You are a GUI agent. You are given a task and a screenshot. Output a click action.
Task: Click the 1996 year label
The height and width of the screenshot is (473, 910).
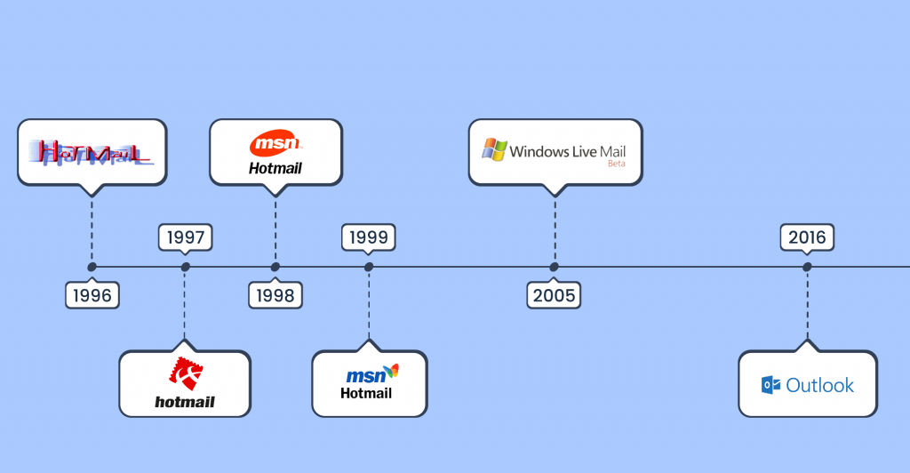pyautogui.click(x=92, y=295)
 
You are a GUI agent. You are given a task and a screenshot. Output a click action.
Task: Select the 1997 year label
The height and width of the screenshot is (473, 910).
pyautogui.click(x=185, y=237)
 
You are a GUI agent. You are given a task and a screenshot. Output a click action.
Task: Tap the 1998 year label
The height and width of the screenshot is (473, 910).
pyautogui.click(x=275, y=295)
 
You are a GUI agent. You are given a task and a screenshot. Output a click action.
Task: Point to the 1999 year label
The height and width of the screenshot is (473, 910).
pyautogui.click(x=369, y=237)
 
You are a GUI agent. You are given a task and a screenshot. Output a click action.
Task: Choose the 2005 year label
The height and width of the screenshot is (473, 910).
pyautogui.click(x=554, y=295)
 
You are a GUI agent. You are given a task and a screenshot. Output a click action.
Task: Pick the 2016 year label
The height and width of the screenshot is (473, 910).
pyautogui.click(x=807, y=237)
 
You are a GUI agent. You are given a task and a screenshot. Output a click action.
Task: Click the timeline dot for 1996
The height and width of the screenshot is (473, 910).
pyautogui.click(x=92, y=267)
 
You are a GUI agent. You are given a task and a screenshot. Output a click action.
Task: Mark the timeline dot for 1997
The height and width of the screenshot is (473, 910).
pyautogui.click(x=185, y=267)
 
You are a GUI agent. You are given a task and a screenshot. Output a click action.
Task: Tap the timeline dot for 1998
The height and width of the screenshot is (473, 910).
pyautogui.click(x=275, y=267)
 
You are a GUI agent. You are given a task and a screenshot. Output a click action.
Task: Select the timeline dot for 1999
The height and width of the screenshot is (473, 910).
pyautogui.click(x=369, y=267)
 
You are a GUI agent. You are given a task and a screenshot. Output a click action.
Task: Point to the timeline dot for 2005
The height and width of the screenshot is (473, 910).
pyautogui.click(x=554, y=267)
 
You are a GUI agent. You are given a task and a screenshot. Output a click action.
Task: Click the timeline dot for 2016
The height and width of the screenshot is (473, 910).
pyautogui.click(x=807, y=267)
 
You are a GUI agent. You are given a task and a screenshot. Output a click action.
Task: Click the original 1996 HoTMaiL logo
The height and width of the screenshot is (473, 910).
pyautogui.click(x=92, y=153)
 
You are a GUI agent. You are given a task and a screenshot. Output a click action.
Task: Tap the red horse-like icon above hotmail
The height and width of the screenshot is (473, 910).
pyautogui.click(x=185, y=373)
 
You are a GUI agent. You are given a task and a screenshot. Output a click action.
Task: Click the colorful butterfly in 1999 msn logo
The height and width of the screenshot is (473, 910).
pyautogui.click(x=390, y=371)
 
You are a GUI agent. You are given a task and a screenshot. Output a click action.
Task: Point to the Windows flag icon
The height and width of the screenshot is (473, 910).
pyautogui.click(x=494, y=149)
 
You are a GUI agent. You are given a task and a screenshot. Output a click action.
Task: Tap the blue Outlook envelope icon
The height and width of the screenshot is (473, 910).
pyautogui.click(x=770, y=385)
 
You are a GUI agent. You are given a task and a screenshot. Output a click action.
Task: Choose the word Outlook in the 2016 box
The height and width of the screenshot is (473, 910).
pyautogui.click(x=819, y=385)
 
